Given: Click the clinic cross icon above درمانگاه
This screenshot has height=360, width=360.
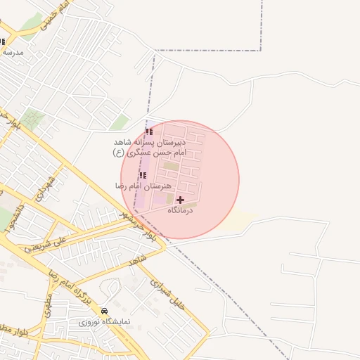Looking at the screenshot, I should click(x=180, y=200).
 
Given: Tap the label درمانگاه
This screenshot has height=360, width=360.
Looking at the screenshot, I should click(x=180, y=210).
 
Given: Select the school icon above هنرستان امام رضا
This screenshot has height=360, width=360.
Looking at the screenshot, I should click(x=142, y=176).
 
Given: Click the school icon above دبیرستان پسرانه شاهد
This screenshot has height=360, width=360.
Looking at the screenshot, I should click(x=148, y=131).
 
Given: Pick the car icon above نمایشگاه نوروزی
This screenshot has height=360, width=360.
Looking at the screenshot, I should click(x=105, y=311).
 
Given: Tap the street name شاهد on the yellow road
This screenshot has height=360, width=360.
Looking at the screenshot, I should click(x=137, y=260).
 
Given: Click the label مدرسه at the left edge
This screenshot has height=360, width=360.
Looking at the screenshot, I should click(x=12, y=53).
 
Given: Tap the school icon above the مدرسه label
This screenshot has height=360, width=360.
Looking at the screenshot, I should click(x=2, y=41).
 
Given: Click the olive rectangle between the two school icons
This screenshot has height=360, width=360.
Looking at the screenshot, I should click(x=171, y=166).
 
